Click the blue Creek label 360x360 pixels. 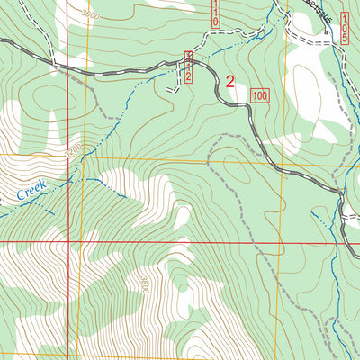click(x=29, y=190)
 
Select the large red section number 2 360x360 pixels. click(x=229, y=82)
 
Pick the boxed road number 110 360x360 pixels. click(x=216, y=12)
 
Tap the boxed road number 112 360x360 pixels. click(x=188, y=67)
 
